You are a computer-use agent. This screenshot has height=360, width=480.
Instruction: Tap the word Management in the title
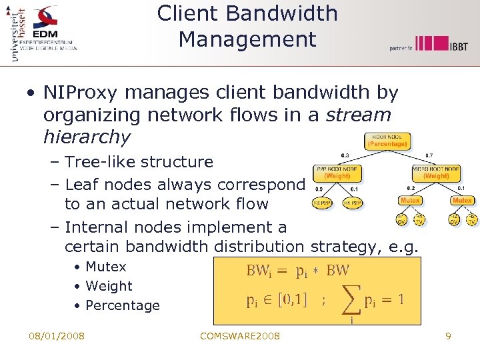click(247, 39)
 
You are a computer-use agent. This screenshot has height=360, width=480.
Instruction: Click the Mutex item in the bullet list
click(106, 267)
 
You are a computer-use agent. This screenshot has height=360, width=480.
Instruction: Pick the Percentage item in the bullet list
click(123, 305)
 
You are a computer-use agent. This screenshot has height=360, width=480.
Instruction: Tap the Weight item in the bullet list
click(109, 286)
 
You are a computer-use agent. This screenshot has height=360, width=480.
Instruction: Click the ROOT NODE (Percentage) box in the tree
click(387, 141)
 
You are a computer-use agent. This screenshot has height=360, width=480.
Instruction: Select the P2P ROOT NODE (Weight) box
click(337, 173)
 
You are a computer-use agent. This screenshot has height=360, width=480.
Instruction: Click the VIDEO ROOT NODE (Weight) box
click(436, 173)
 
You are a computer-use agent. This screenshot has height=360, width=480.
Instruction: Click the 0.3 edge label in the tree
click(345, 155)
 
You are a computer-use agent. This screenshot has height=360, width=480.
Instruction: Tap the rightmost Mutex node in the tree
click(462, 201)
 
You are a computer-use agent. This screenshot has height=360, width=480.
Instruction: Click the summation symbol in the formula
click(351, 301)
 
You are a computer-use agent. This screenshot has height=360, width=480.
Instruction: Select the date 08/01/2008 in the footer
click(56, 336)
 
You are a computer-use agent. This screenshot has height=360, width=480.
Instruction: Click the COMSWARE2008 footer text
click(240, 336)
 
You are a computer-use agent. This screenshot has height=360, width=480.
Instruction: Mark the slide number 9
click(448, 336)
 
